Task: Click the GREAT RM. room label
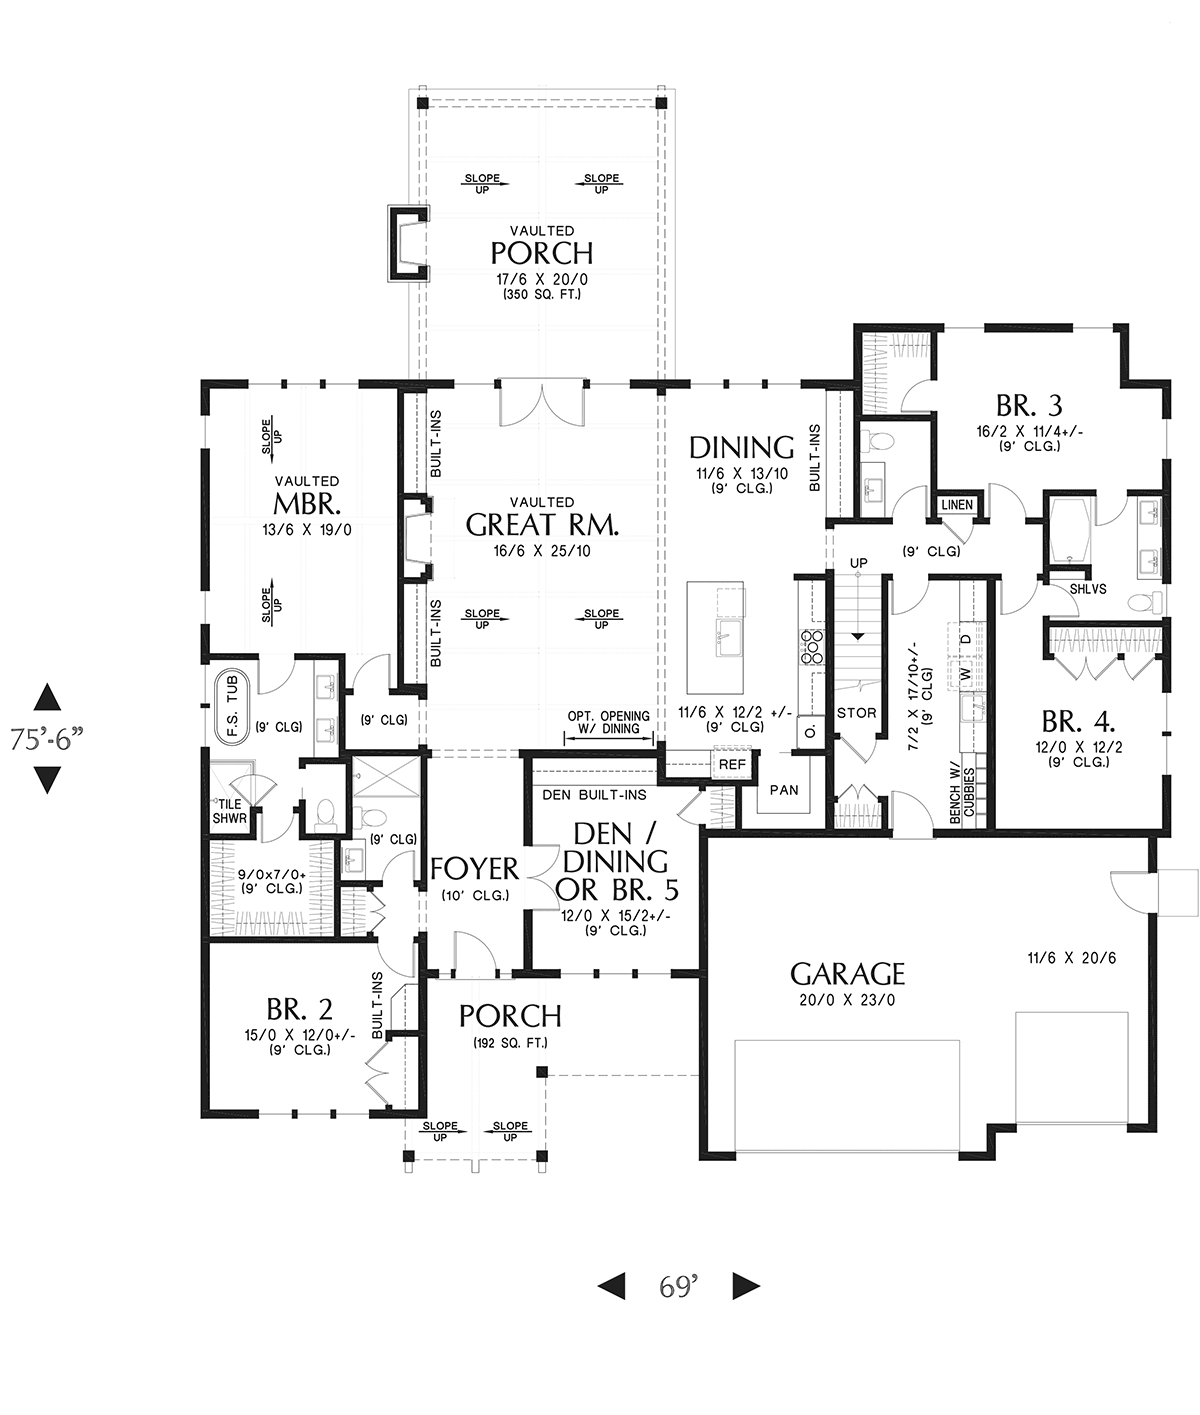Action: tap(542, 524)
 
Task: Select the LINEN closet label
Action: tap(956, 505)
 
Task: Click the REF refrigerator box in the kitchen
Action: tap(732, 764)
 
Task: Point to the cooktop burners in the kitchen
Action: tap(813, 647)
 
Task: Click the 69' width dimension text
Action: tap(678, 1286)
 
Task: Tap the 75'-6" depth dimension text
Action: tap(47, 739)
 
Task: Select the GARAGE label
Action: tap(847, 973)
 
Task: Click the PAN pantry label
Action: tap(784, 789)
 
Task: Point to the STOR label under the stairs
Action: tap(856, 713)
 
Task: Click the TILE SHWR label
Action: tap(229, 811)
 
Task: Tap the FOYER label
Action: tap(474, 869)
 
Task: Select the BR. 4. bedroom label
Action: tap(1078, 721)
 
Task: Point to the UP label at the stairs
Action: tap(858, 562)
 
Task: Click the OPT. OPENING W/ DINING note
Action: tap(609, 722)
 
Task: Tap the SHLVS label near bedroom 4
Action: tap(1088, 589)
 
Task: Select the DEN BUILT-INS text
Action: tap(594, 795)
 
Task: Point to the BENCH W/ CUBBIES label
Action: tap(962, 793)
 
